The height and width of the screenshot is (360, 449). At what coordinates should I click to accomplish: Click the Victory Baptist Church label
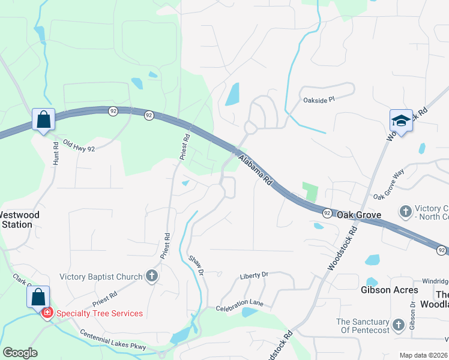click(101, 277)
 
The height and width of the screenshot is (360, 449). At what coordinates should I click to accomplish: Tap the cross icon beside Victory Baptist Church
click(152, 277)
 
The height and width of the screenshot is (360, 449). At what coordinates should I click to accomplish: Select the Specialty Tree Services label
click(100, 313)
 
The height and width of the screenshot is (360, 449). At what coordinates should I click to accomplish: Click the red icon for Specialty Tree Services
click(47, 313)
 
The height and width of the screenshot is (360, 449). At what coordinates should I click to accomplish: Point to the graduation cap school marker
click(400, 122)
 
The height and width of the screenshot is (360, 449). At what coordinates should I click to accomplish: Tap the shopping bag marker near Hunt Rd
click(44, 120)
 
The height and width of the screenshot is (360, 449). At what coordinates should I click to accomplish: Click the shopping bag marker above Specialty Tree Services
click(38, 297)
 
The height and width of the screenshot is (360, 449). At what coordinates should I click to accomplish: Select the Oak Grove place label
click(359, 214)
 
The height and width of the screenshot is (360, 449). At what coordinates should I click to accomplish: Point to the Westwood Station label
click(20, 220)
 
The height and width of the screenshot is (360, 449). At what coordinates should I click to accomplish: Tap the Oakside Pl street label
click(318, 100)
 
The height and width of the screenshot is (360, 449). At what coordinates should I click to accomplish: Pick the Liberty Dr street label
click(253, 275)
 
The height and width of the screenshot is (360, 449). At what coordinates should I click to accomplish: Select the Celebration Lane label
click(240, 306)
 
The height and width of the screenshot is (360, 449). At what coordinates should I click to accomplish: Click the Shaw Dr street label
click(196, 266)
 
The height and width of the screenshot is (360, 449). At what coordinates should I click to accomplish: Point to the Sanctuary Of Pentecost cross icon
click(398, 326)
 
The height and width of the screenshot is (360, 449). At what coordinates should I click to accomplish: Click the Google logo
click(20, 353)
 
